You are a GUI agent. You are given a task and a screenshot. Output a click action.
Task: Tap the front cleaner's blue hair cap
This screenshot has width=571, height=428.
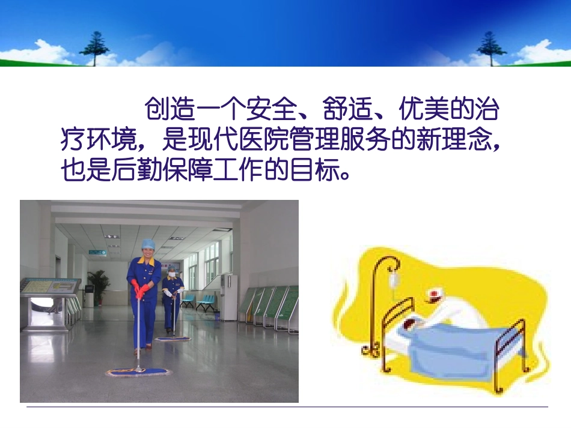pos(147,245)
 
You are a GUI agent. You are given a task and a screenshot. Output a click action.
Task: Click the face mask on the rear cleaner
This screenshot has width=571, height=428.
pos(171,274)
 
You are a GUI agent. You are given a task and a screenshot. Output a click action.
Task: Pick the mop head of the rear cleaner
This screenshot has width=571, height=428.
pos(173,339)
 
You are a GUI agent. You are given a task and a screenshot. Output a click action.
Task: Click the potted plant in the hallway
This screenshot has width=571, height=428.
pos(99,282)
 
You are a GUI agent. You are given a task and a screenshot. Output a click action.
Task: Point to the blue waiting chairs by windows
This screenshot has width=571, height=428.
pos(198,300)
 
